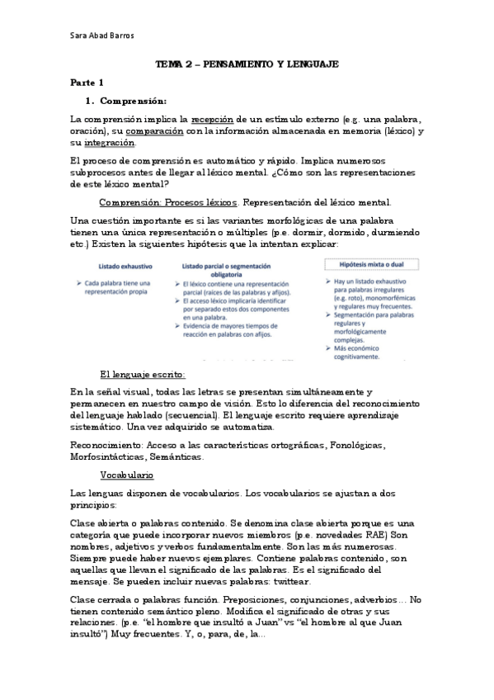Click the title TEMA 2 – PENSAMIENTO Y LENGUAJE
point(247,64)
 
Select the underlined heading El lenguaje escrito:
point(142,374)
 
